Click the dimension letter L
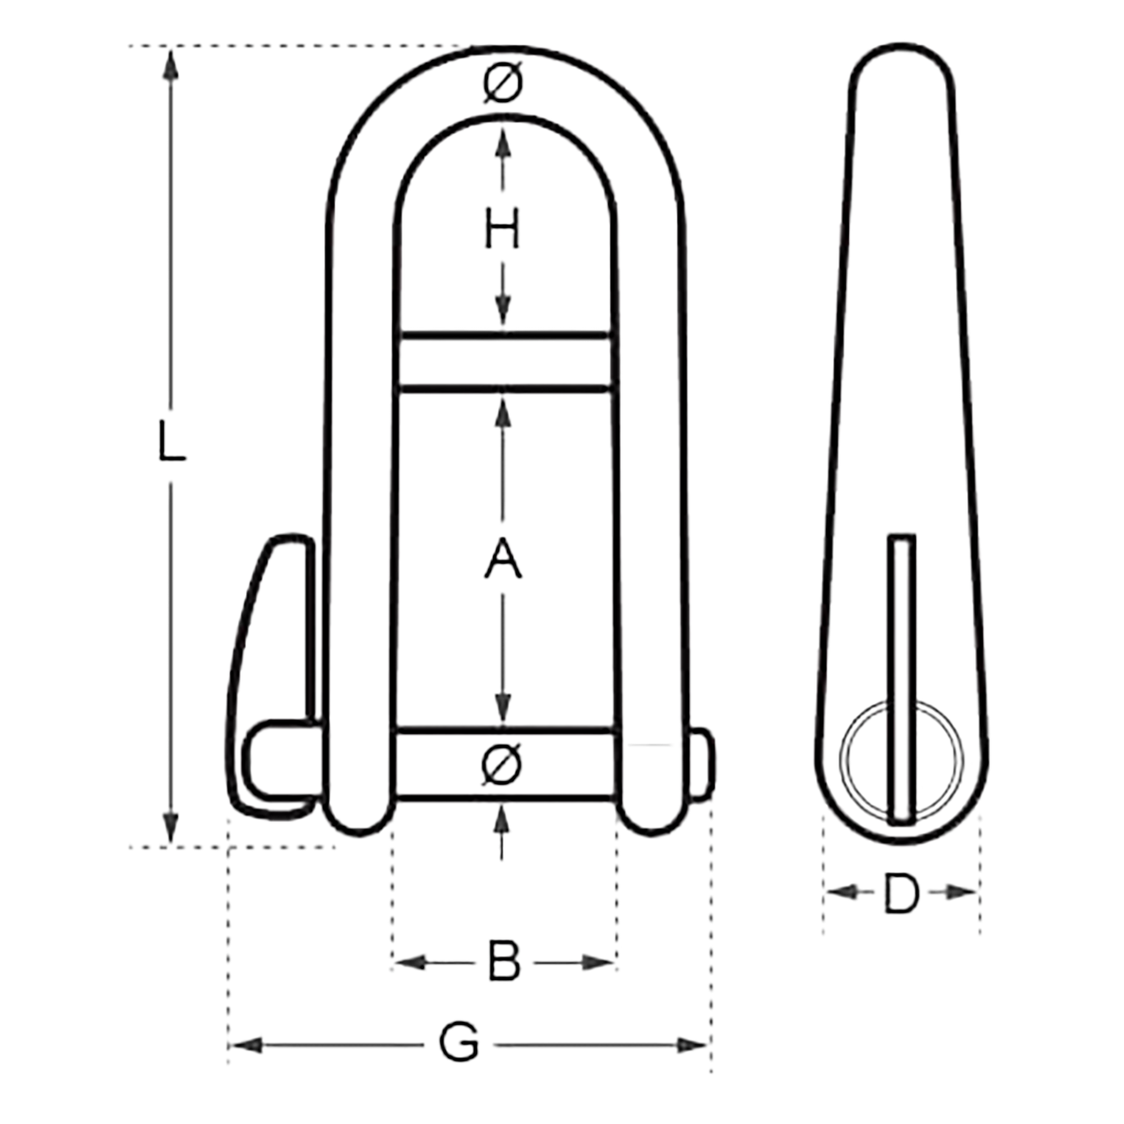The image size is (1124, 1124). pyautogui.click(x=171, y=441)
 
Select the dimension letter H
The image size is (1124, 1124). pyautogui.click(x=502, y=231)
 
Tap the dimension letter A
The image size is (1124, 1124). pyautogui.click(x=502, y=559)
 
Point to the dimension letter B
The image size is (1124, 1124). pyautogui.click(x=503, y=962)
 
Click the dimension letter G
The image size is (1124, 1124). pyautogui.click(x=460, y=1043)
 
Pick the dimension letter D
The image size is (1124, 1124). pyautogui.click(x=901, y=894)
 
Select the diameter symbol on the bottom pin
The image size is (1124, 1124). pyautogui.click(x=502, y=764)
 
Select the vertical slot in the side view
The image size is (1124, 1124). pyautogui.click(x=902, y=677)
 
